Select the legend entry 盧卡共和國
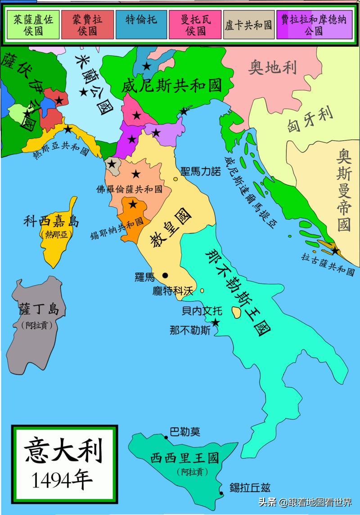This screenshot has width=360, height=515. [248, 24]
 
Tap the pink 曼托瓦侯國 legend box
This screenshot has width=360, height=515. [195, 24]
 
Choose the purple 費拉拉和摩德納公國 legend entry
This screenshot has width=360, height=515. [314, 24]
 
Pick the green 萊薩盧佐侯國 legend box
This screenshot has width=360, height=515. [33, 24]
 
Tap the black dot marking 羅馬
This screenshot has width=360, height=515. [166, 275]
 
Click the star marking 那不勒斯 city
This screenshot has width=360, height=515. [216, 322]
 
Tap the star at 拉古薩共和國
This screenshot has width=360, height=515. [335, 250]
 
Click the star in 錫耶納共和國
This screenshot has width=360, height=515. [133, 205]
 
